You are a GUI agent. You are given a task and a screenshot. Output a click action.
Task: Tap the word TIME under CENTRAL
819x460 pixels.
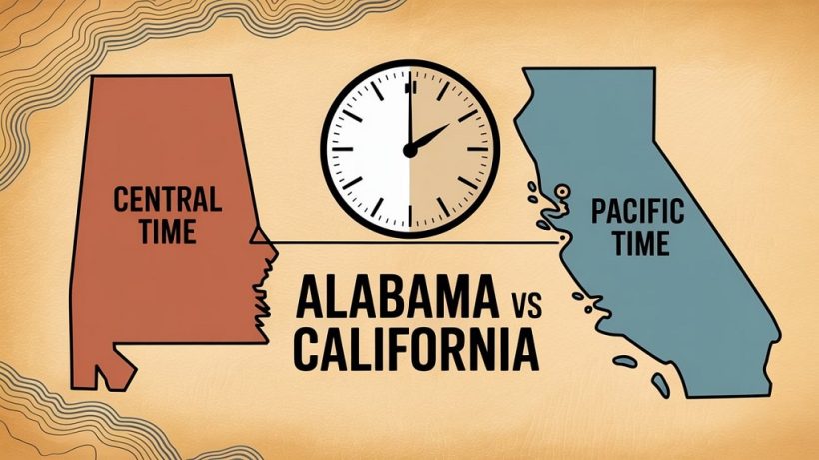(155, 232)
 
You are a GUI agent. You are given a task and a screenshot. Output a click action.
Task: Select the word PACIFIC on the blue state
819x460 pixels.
(637, 212)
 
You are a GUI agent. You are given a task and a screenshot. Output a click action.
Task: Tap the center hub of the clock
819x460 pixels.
(409, 150)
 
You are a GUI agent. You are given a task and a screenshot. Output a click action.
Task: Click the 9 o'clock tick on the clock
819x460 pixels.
(335, 150)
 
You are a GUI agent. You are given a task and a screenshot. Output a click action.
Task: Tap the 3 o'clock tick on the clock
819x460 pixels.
(482, 150)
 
